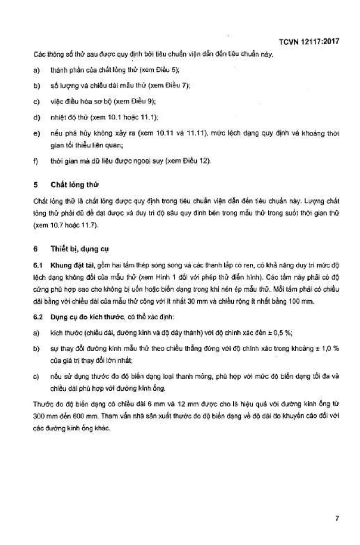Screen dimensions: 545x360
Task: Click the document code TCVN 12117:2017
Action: [309, 42]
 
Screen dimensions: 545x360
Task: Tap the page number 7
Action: [337, 518]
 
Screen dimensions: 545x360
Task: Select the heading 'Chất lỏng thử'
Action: [75, 185]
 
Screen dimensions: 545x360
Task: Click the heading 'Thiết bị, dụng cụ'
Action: [80, 249]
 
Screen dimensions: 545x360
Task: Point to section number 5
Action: [36, 185]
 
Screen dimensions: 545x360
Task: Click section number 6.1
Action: [37, 265]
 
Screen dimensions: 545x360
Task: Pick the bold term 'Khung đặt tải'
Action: [73, 265]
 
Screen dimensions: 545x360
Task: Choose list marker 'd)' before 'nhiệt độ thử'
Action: [36, 117]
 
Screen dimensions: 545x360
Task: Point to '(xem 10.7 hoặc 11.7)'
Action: [66, 225]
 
